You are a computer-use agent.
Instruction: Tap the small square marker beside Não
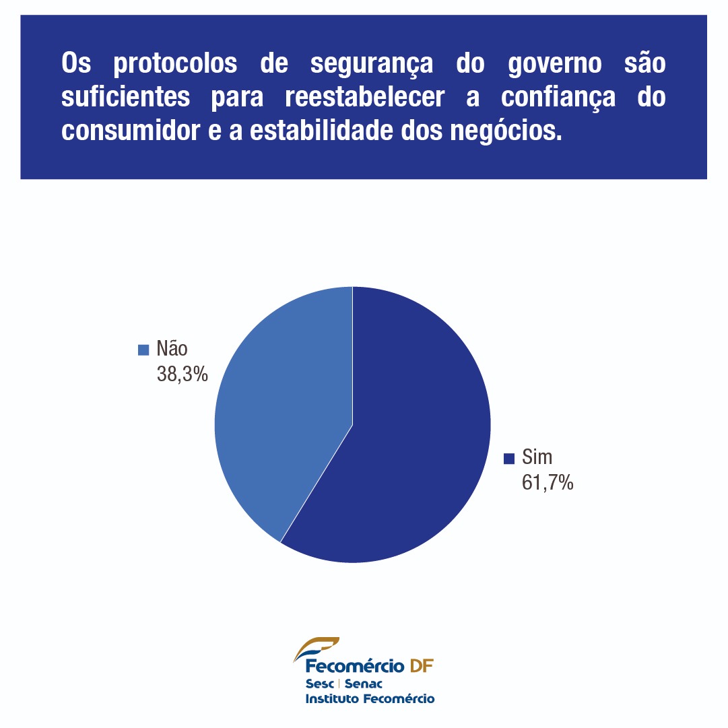click(x=143, y=350)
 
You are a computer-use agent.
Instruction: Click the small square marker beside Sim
click(x=509, y=459)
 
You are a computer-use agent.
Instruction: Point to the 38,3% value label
click(x=182, y=374)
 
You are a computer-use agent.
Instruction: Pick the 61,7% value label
click(x=548, y=482)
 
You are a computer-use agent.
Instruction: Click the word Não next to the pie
click(x=172, y=349)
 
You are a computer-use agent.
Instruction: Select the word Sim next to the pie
click(x=537, y=458)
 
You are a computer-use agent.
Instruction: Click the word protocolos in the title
click(x=176, y=64)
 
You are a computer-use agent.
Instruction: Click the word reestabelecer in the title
click(x=364, y=97)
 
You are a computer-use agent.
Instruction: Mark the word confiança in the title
click(x=558, y=98)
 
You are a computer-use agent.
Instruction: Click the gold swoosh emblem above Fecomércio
click(x=317, y=649)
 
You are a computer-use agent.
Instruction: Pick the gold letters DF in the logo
click(x=422, y=667)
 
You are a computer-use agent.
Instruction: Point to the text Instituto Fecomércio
click(x=370, y=698)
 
